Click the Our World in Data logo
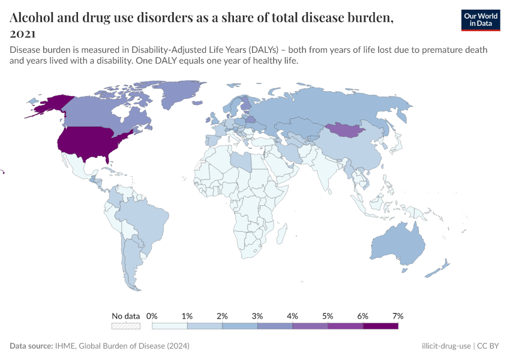pos(481,20)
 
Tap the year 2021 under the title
pos(23,34)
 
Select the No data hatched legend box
pos(126,326)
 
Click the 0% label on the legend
pos(152,316)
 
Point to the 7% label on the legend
pos(398,316)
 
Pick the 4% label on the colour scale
pos(293,316)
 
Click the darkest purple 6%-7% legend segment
pos(380,326)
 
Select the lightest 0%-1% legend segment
pos(170,326)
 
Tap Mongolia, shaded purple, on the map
pos(345,130)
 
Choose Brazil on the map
pos(150,219)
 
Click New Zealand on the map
pos(437,268)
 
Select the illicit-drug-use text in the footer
pos(446,346)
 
